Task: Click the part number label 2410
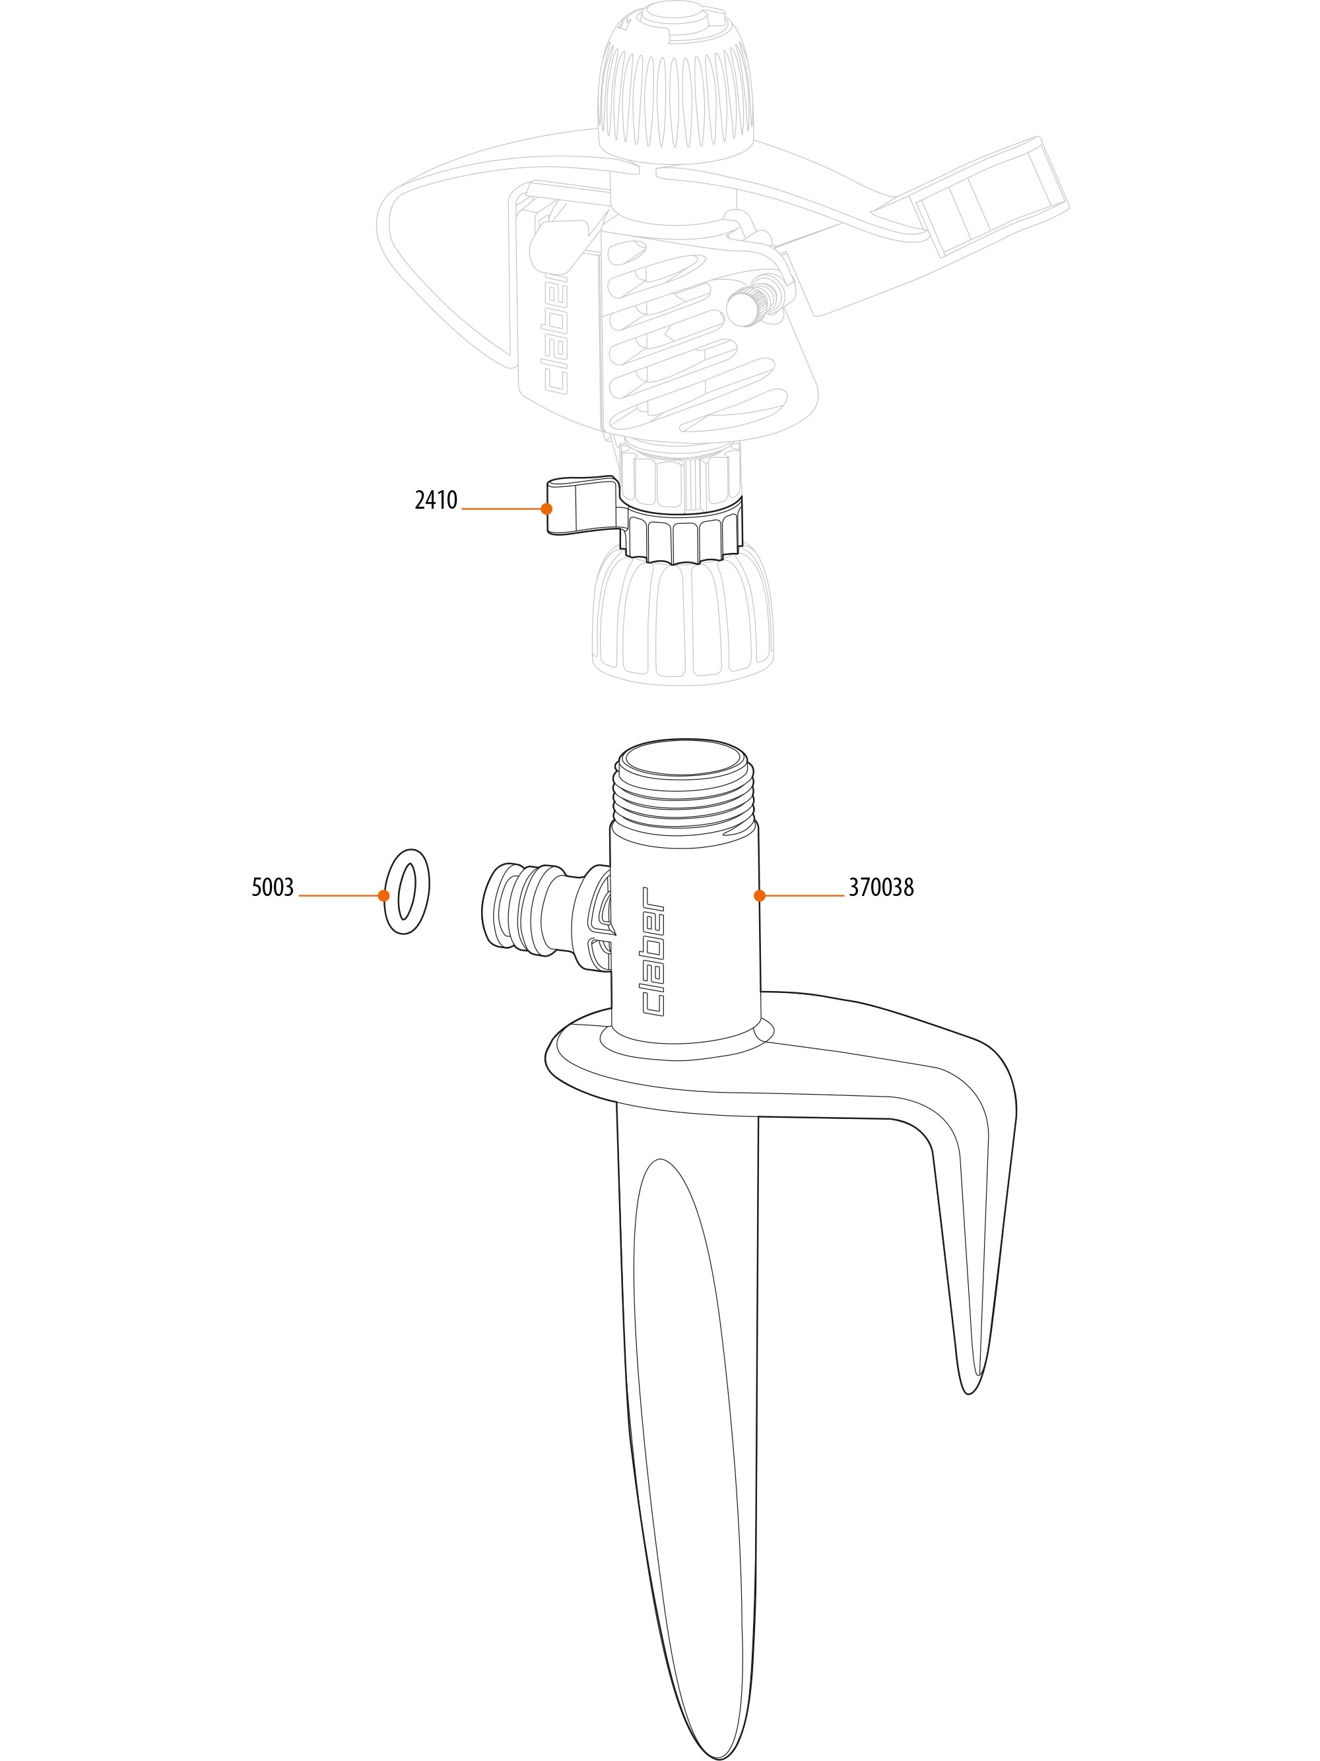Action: [x=436, y=501]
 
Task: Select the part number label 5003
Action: [x=273, y=887]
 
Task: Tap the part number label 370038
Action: [x=880, y=887]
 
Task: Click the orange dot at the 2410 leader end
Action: [x=546, y=509]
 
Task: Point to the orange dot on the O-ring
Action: [x=383, y=895]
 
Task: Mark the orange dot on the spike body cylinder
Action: [x=760, y=895]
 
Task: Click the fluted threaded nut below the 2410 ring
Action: [x=683, y=621]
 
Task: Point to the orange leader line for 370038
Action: [x=802, y=895]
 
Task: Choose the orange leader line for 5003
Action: [x=341, y=895]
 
